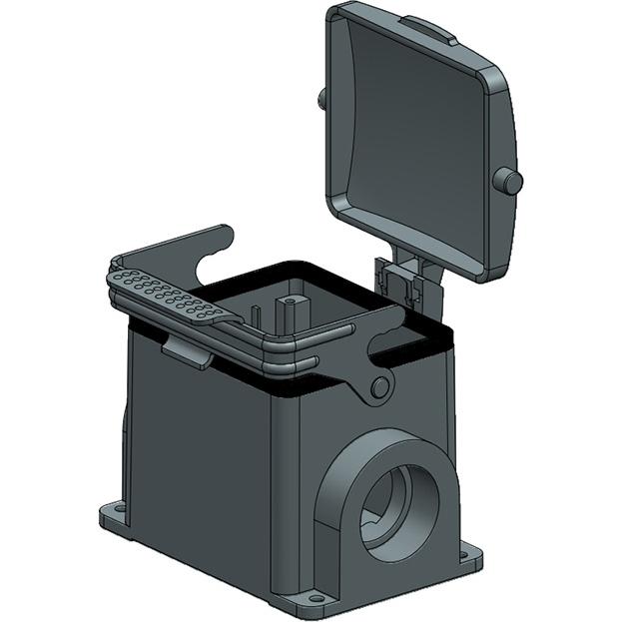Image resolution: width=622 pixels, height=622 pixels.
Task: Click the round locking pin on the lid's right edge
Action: coord(510,181)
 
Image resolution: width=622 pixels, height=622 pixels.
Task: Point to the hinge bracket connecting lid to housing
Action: coord(404,279)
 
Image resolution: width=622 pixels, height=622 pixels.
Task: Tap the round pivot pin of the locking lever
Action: coord(379,387)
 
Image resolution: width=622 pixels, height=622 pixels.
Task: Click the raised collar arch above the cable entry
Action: coord(379,446)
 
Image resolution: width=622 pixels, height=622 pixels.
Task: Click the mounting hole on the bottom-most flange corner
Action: coord(316,598)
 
